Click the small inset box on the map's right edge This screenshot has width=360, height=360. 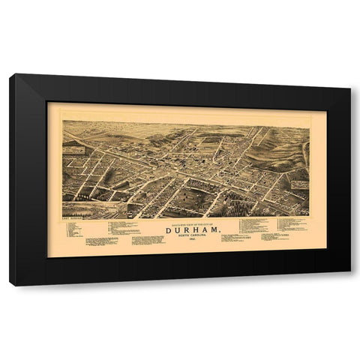coord(299,184)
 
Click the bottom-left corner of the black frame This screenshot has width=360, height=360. coord(11,285)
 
